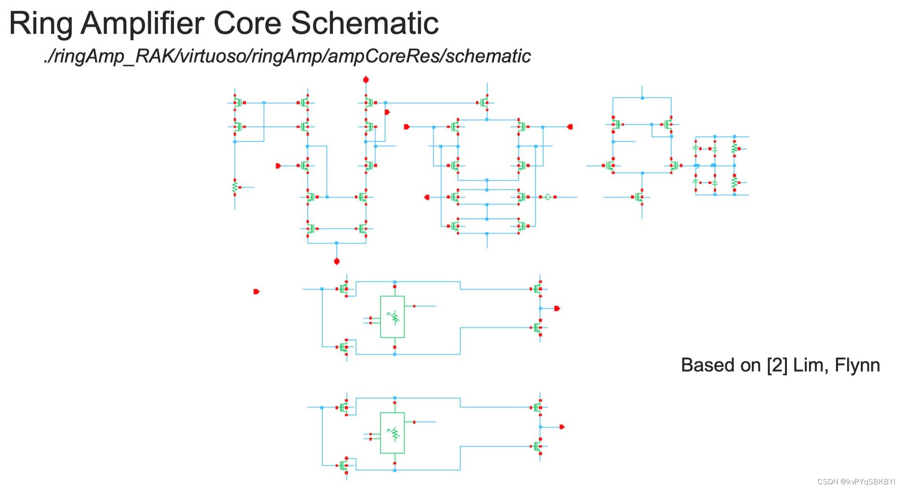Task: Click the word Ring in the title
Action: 41,23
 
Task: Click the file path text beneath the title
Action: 287,56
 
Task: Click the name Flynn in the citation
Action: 857,365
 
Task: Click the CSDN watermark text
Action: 856,482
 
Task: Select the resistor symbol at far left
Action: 235,187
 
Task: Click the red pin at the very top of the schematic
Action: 366,80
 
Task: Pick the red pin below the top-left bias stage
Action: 336,261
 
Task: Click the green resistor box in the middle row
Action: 392,317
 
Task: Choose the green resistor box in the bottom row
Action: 392,433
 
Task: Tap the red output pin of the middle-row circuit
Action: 557,308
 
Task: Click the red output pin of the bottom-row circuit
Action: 562,427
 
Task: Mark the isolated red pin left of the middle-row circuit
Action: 256,291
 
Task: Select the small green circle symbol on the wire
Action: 547,197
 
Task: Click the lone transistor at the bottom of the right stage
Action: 639,197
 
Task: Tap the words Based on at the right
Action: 720,365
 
